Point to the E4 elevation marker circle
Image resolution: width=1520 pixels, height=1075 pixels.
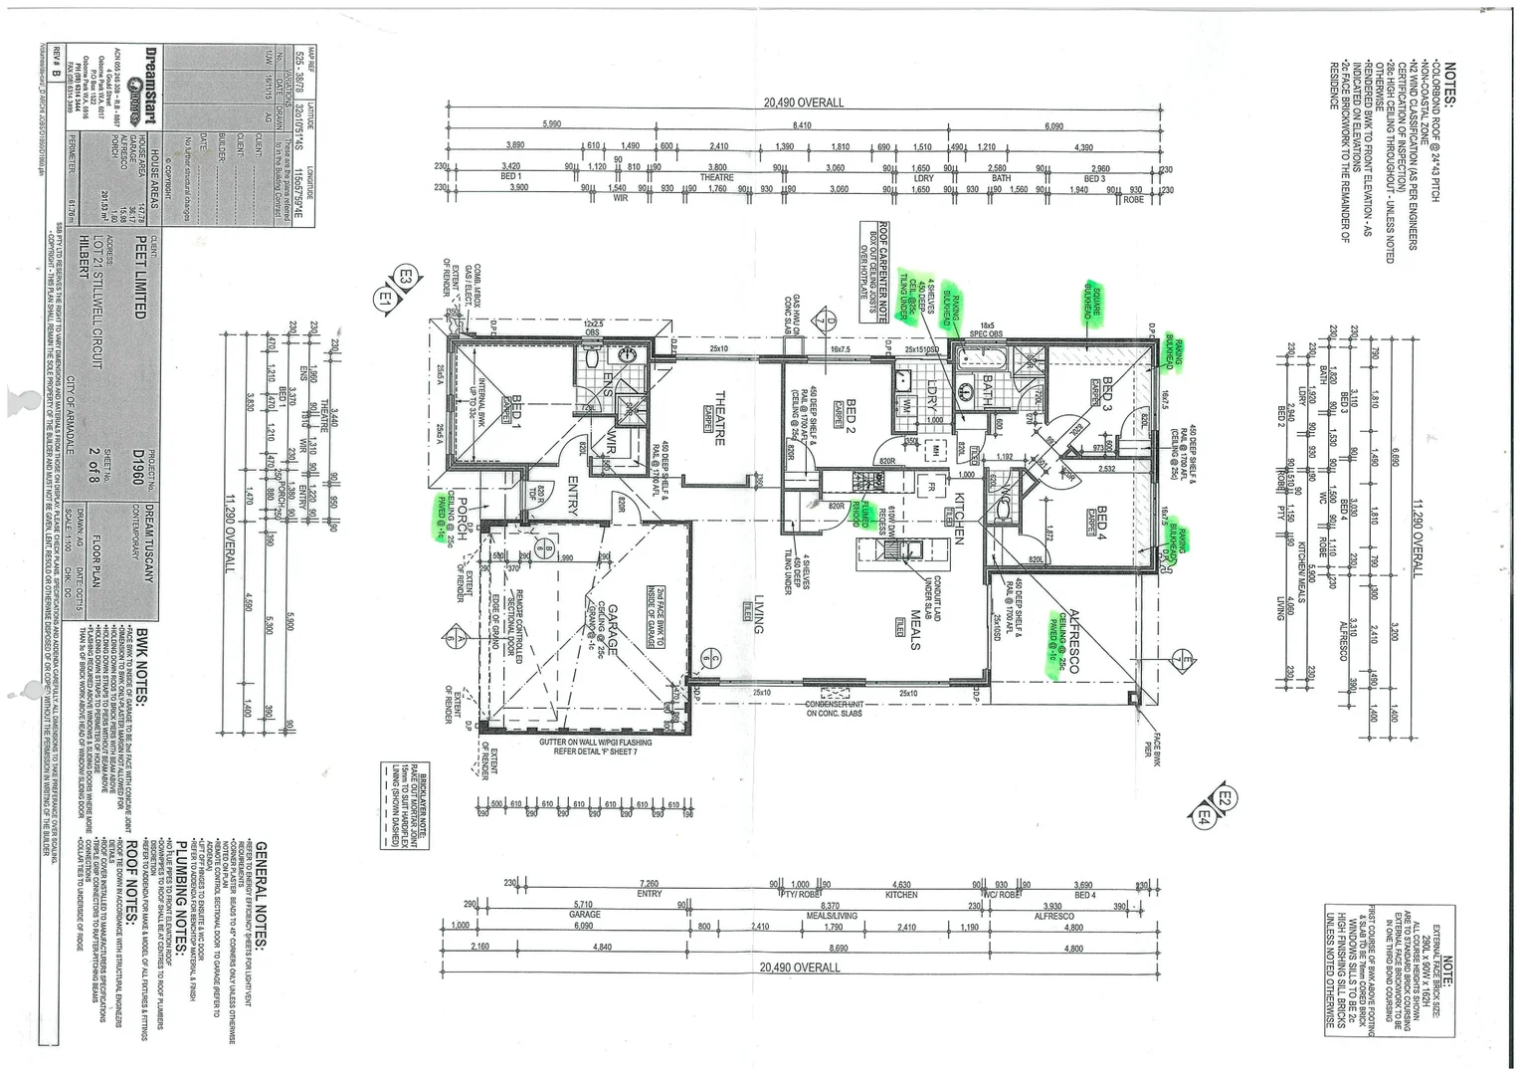tap(1205, 816)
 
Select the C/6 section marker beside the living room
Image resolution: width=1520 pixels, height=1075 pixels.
tap(710, 656)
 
